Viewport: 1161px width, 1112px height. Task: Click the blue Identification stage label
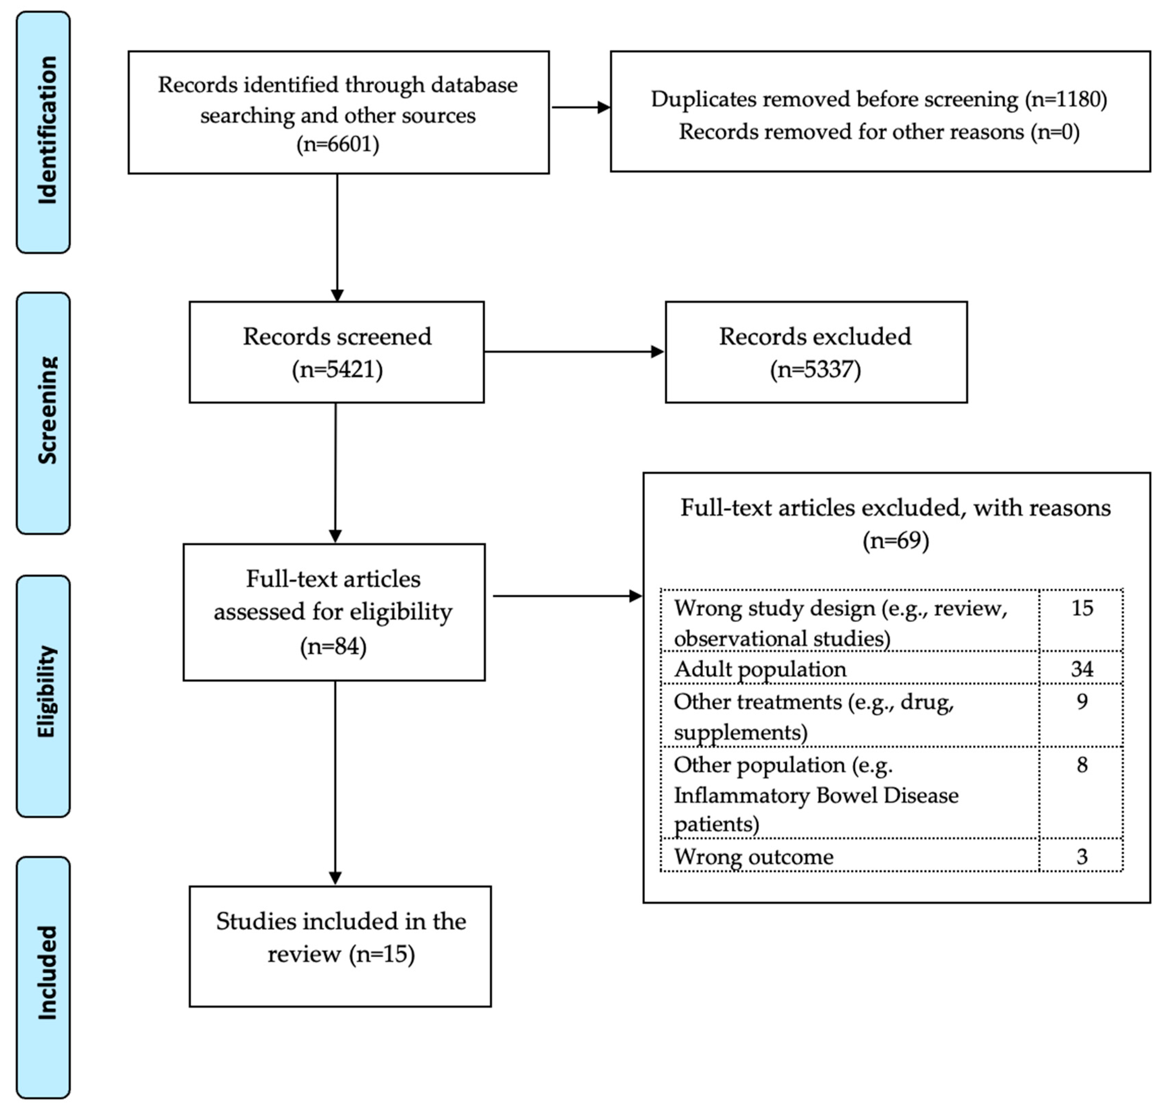[x=43, y=132]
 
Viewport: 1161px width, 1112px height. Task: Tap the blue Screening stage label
[x=43, y=413]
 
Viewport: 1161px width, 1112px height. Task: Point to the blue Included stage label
[x=43, y=977]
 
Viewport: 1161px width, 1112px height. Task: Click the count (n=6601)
[x=338, y=144]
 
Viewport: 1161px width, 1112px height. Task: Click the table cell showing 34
[x=1082, y=668]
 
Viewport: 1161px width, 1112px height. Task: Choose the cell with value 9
[x=1082, y=701]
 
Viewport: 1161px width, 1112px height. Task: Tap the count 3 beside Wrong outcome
[x=1082, y=856]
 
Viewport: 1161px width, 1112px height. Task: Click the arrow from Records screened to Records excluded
[x=573, y=352]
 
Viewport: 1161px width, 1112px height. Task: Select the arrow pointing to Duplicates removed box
[x=580, y=107]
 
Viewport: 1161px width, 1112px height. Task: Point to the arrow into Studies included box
[x=335, y=782]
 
